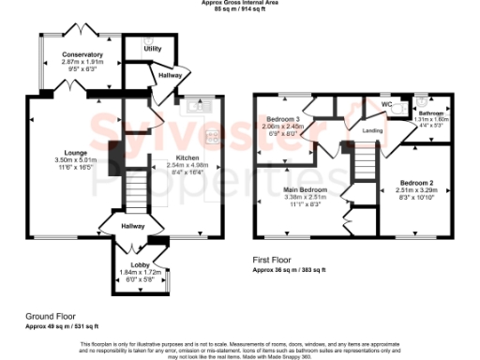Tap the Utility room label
tap(152, 48)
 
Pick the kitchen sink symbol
tap(199, 106)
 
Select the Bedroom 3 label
tap(282, 120)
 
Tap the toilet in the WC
tap(400, 107)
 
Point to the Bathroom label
tap(431, 113)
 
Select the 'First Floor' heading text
tap(272, 260)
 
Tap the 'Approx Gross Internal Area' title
tap(241, 3)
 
